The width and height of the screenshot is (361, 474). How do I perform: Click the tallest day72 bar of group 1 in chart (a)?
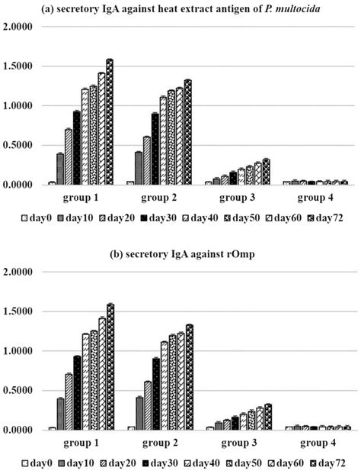109,122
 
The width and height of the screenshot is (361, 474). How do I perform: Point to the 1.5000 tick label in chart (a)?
18,66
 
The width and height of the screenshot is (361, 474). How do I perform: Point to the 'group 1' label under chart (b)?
72,443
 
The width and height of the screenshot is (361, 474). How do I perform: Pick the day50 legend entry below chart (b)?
228,463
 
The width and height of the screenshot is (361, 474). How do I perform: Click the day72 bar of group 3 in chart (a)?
266,172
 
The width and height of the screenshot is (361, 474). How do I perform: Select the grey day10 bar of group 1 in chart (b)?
60,414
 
